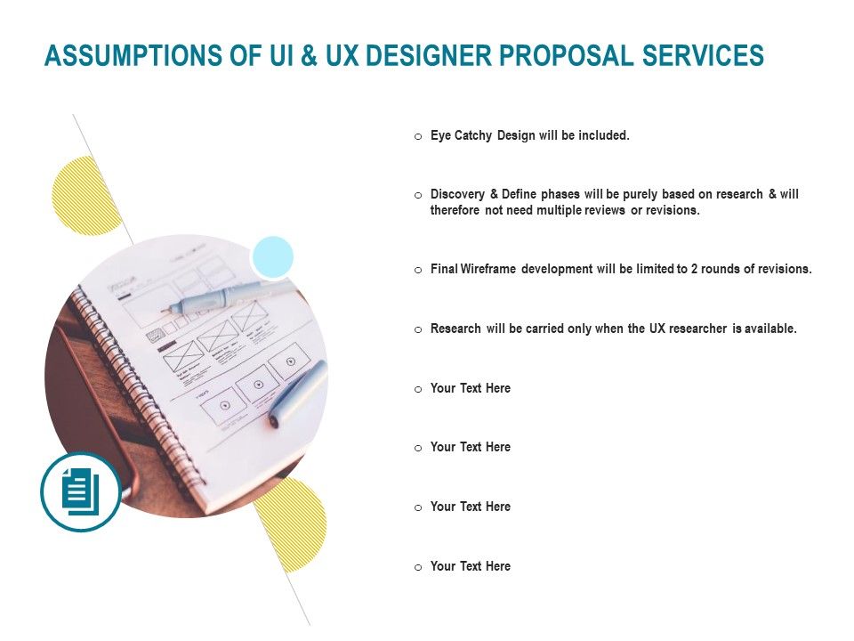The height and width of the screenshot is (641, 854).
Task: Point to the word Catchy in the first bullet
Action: pyautogui.click(x=473, y=136)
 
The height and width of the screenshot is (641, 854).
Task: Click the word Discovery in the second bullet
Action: pyautogui.click(x=456, y=195)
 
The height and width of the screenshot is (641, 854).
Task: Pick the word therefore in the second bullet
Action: pyautogui.click(x=455, y=211)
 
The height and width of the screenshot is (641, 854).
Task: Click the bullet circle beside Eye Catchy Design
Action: pyautogui.click(x=418, y=137)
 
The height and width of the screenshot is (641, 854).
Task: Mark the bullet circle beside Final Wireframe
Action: pyautogui.click(x=418, y=270)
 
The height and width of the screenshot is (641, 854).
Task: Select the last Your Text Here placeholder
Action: pyautogui.click(x=470, y=566)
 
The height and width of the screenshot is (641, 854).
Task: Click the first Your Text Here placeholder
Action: pyautogui.click(x=470, y=388)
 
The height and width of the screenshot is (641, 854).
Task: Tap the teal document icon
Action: pyautogui.click(x=81, y=491)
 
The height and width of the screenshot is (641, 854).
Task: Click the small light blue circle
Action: pyautogui.click(x=272, y=256)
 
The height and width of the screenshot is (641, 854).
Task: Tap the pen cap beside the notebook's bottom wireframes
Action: pyautogui.click(x=297, y=392)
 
